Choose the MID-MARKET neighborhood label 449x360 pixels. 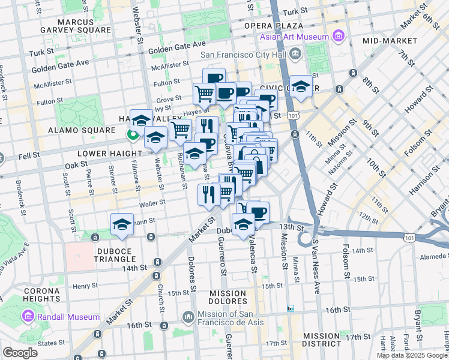[x=390, y=40]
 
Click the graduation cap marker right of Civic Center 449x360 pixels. [x=301, y=85]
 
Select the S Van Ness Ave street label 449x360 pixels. [x=316, y=260]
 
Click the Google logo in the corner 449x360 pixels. [x=20, y=352]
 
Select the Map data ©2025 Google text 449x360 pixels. [x=411, y=355]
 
